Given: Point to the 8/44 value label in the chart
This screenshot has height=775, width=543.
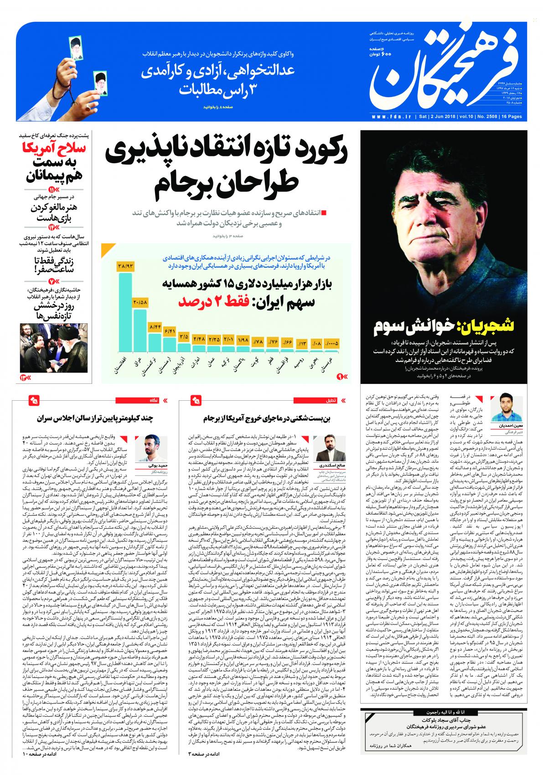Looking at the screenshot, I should click(x=155, y=327).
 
